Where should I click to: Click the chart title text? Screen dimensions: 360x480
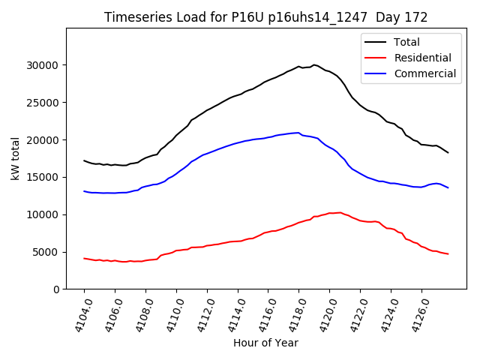[x=265, y=17]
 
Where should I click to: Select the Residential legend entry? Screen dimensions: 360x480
[x=422, y=58]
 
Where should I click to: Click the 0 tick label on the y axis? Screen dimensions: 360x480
[x=57, y=289]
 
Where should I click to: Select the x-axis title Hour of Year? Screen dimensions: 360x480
[x=265, y=343]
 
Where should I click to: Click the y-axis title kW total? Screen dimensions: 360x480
[x=14, y=159]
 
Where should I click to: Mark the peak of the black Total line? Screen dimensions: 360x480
[x=314, y=64]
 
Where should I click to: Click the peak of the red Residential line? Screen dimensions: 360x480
[x=340, y=212]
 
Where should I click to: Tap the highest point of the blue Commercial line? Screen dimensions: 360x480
[x=298, y=133]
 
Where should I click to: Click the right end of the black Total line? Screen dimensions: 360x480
[x=448, y=153]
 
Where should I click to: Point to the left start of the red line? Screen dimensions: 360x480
[x=84, y=258]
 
